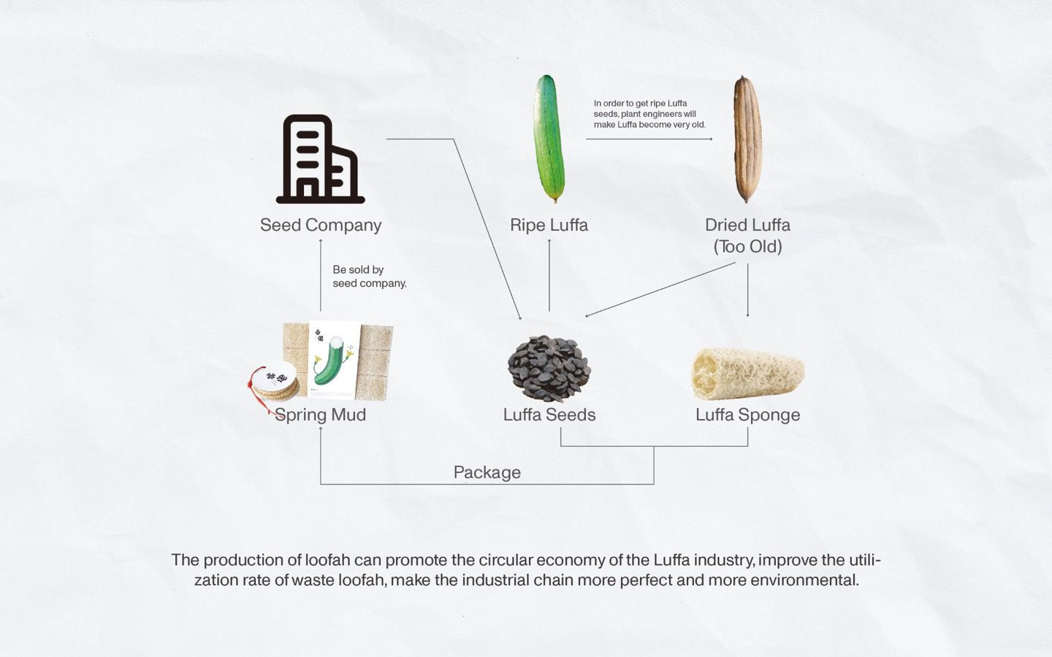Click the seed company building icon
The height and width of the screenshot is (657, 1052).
(320, 159)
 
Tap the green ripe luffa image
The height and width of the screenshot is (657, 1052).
(549, 139)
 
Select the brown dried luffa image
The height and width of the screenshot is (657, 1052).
(747, 139)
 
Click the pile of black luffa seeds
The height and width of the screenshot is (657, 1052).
(549, 369)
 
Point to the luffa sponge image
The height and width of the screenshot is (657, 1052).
(747, 374)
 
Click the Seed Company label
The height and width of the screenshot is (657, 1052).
(321, 225)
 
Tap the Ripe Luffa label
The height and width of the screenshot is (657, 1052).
(549, 225)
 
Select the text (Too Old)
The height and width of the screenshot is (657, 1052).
(747, 247)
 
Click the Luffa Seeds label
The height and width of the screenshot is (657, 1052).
(549, 415)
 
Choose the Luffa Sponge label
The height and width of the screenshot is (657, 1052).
(747, 415)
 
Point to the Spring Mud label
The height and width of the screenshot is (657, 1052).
(320, 415)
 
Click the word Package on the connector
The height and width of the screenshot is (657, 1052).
(487, 472)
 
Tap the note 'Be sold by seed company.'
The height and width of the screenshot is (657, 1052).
(369, 277)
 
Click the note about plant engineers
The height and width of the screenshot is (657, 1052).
(649, 114)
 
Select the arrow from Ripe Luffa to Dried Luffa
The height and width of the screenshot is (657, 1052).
(649, 139)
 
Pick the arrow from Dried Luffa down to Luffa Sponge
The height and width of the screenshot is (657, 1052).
(747, 290)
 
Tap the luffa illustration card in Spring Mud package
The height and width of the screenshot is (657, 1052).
(335, 360)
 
